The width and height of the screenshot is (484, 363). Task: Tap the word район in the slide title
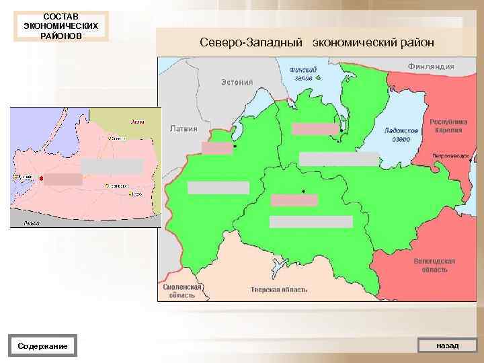[416, 42]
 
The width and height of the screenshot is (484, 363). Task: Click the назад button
[447, 346]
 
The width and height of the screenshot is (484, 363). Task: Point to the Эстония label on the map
[237, 82]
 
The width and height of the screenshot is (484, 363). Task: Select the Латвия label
[184, 128]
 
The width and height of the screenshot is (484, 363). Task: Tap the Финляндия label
[431, 67]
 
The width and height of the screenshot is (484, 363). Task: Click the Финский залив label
[304, 73]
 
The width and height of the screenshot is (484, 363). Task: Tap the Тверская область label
[279, 289]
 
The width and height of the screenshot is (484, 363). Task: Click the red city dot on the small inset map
[42, 178]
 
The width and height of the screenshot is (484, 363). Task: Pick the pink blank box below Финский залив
[315, 129]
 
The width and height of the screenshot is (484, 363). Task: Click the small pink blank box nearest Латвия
[216, 149]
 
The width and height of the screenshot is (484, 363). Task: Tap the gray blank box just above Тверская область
[311, 222]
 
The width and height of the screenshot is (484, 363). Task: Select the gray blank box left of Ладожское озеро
[339, 159]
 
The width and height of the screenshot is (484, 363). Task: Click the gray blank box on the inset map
[112, 166]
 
